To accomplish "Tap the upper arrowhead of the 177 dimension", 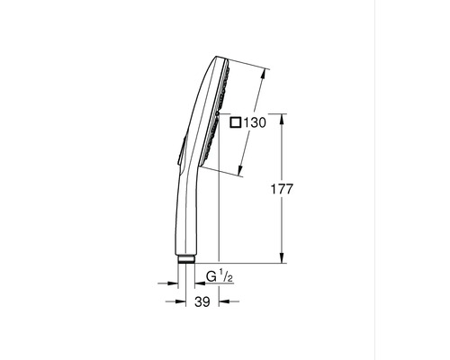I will [x=284, y=118].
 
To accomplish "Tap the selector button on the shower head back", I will [x=181, y=148].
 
